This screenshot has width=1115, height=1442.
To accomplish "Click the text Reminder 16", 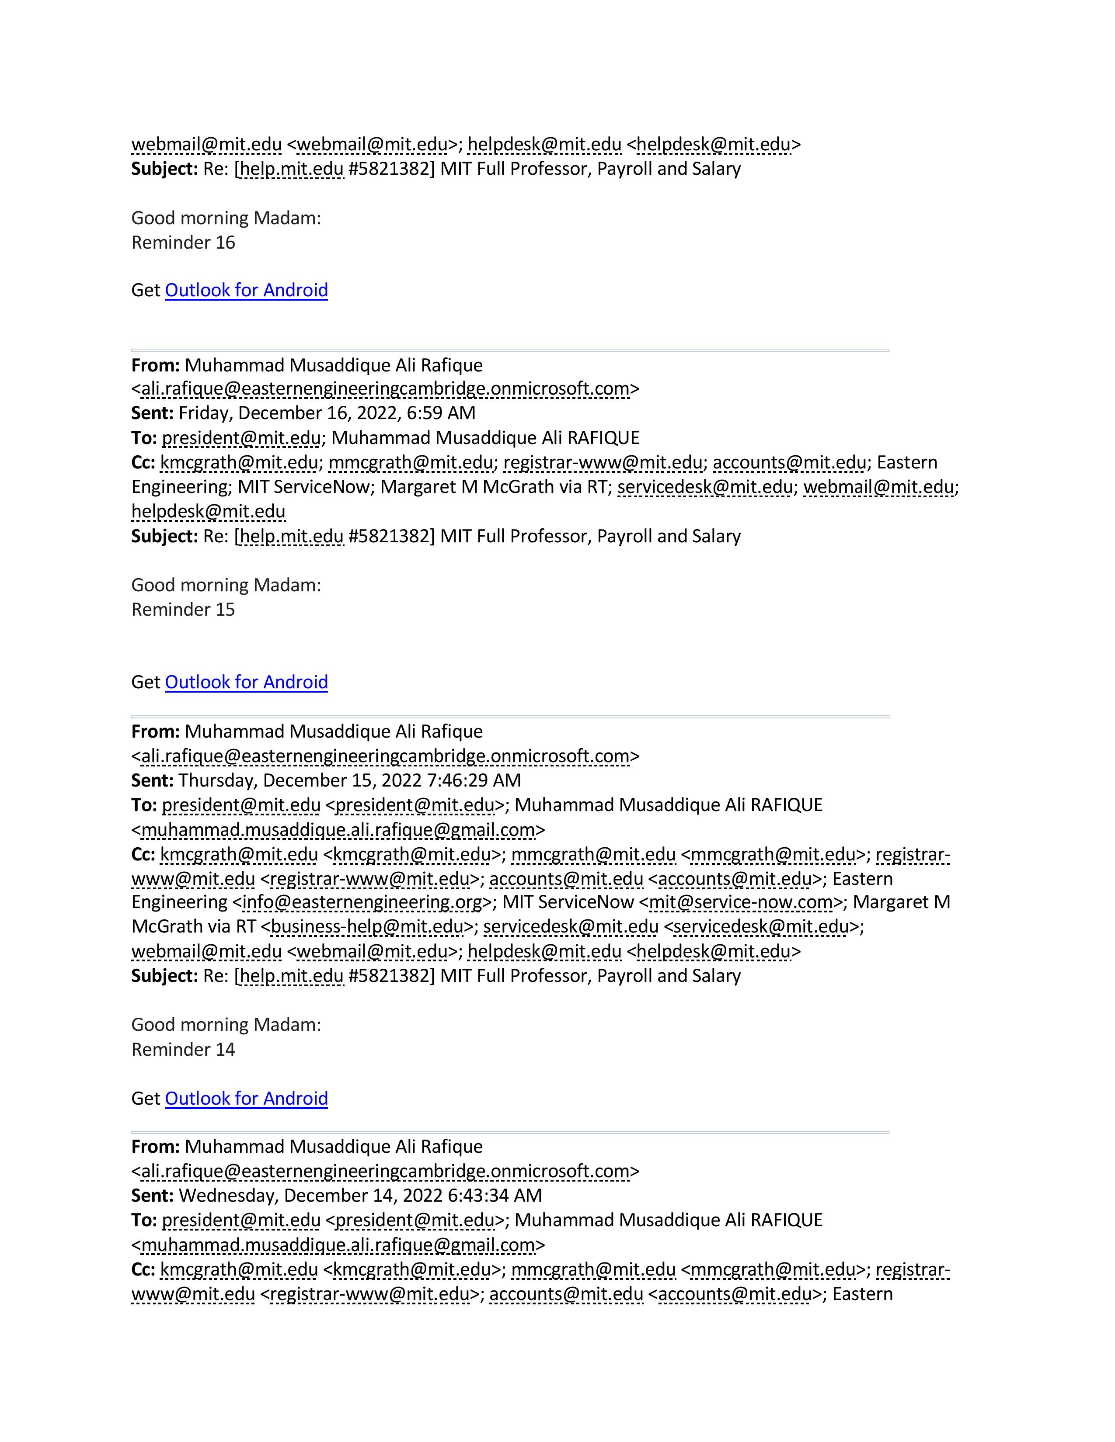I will click(x=183, y=243).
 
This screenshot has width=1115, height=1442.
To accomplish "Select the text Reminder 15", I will click(x=183, y=610).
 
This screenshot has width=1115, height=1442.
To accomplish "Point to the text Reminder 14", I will click(x=183, y=1049).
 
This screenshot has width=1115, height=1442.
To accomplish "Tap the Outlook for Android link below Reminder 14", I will click(x=246, y=1098).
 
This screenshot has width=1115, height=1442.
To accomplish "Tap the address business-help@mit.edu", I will click(x=367, y=926).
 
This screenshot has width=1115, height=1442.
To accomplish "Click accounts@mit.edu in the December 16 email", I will click(x=789, y=462).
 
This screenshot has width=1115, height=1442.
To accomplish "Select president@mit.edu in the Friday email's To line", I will click(x=241, y=438).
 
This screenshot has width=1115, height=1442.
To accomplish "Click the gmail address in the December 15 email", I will click(x=338, y=830).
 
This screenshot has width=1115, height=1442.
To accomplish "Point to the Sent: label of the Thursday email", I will click(x=152, y=780).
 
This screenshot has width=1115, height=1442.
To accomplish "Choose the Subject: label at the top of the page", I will click(x=164, y=169).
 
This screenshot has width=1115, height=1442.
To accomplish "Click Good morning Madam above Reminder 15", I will click(x=226, y=585).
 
